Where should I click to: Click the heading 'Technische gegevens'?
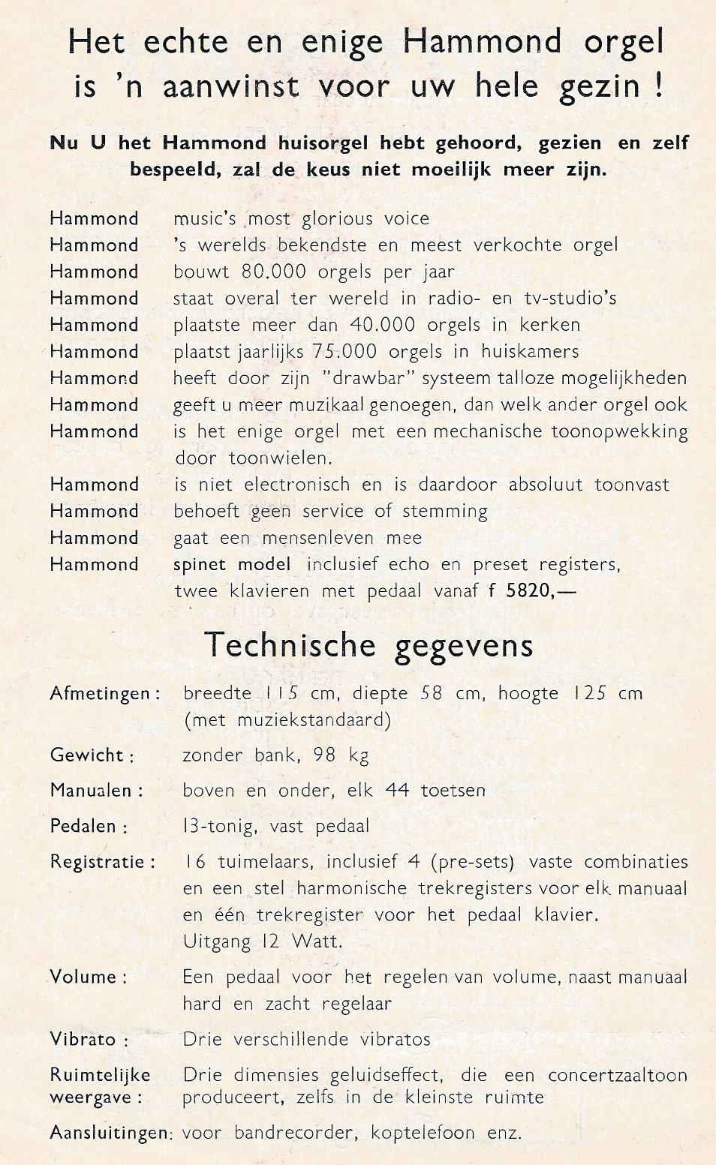click(369, 646)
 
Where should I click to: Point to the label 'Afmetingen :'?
click(105, 694)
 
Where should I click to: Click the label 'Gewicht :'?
click(92, 755)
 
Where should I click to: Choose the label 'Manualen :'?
click(96, 791)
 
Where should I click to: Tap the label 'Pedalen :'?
click(89, 827)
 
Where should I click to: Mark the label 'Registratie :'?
click(103, 862)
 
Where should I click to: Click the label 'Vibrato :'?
click(89, 1040)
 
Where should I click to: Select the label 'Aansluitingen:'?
click(111, 1133)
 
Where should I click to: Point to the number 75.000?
click(350, 351)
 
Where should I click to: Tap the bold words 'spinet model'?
click(235, 564)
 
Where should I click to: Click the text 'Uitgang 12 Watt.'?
click(263, 941)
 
